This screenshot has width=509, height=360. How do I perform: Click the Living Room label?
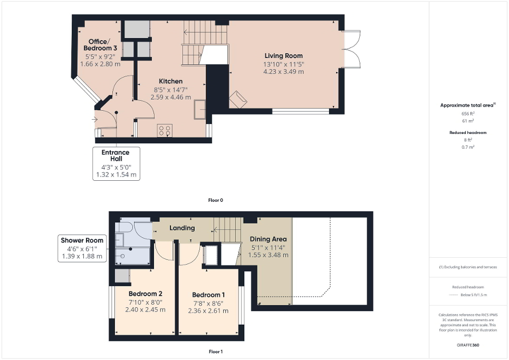[283, 56]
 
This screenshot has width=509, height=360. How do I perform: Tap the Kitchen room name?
[171, 81]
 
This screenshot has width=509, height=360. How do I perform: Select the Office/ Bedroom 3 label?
[99, 45]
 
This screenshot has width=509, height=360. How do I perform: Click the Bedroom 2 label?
[145, 294]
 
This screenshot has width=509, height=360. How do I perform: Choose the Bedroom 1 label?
[209, 295]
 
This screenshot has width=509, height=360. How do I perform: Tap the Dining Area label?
[268, 238]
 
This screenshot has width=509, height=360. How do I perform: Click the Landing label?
[182, 228]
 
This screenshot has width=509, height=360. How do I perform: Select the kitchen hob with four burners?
[164, 130]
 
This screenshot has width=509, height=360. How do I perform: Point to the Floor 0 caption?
[216, 200]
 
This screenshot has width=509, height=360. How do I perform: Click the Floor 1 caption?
[216, 351]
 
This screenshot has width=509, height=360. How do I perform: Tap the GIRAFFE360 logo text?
[468, 345]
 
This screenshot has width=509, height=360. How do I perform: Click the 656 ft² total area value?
[467, 113]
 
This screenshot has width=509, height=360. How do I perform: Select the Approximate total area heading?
[467, 105]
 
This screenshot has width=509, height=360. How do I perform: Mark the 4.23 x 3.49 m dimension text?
[283, 72]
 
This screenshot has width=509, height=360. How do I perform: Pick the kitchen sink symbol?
[200, 110]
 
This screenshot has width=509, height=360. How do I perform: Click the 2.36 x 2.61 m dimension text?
[209, 310]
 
